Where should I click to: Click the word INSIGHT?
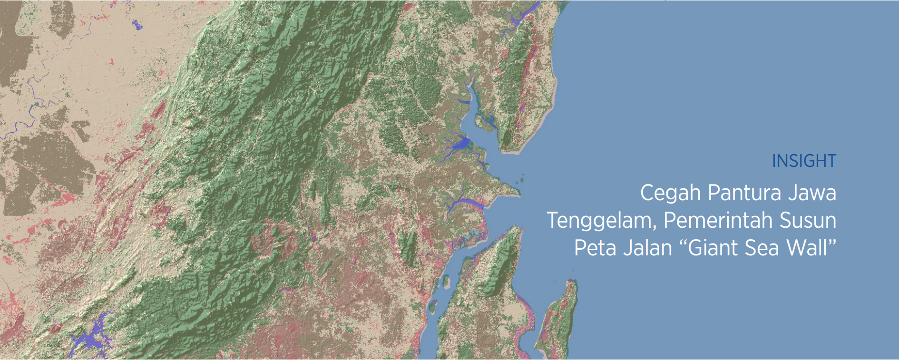(803, 161)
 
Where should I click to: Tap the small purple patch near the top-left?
(137, 25)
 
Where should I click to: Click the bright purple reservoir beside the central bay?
(460, 143)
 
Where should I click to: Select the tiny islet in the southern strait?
(446, 282)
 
